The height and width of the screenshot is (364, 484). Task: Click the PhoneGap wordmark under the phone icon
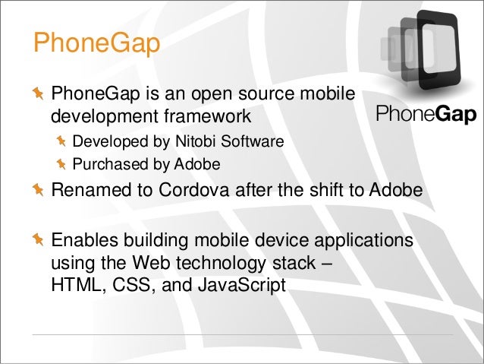point(426,114)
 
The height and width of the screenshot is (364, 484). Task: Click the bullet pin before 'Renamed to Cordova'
point(37,189)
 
